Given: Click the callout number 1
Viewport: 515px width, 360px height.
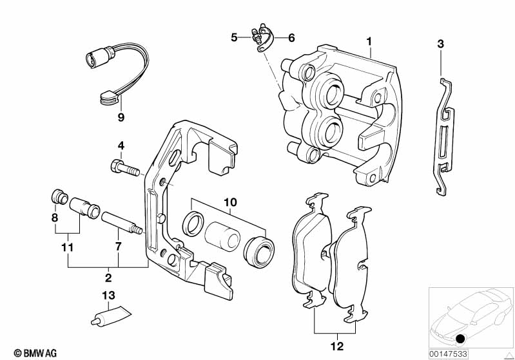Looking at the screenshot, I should [x=369, y=42].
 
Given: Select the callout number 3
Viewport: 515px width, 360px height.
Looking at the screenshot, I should [x=440, y=44].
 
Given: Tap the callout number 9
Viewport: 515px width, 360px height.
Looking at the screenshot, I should [x=121, y=117].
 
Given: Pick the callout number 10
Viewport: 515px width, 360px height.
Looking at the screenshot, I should [x=230, y=203].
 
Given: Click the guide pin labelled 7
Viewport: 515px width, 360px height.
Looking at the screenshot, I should [x=120, y=222].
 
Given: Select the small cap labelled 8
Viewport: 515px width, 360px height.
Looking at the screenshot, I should [x=58, y=196].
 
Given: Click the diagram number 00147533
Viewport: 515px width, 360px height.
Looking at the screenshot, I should [x=449, y=352].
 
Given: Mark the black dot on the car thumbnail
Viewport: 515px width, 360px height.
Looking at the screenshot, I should [x=460, y=339].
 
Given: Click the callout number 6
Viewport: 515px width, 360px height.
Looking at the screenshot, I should [x=291, y=38].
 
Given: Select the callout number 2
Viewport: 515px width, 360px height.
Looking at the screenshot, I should [x=108, y=278].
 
